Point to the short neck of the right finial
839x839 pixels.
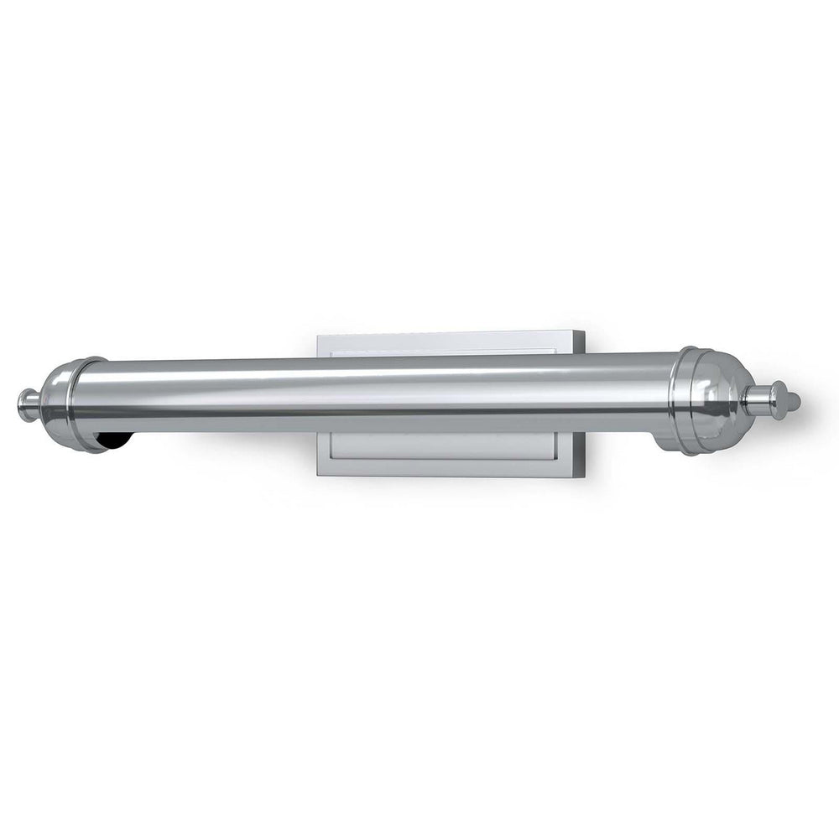click(759, 399)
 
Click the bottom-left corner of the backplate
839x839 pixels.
click(319, 475)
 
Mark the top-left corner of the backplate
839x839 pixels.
click(319, 335)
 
